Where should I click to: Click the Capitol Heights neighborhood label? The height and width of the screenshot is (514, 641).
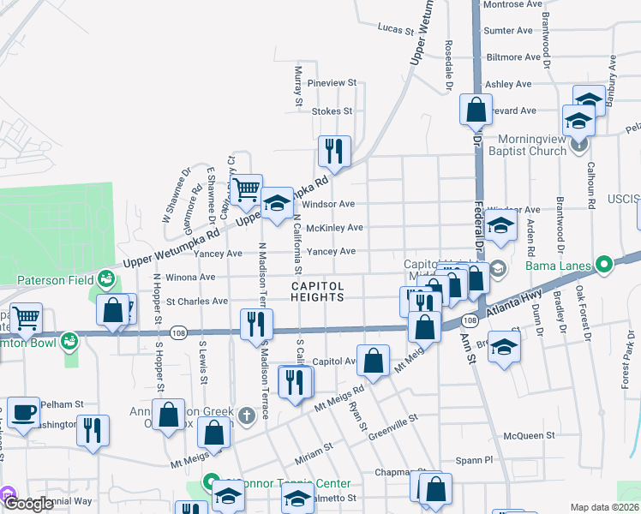tap(317, 291)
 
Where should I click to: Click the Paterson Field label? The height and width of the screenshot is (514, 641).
tap(57, 279)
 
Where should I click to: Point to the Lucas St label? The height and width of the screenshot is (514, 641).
tap(396, 27)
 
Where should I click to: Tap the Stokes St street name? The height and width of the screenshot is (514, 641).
tap(332, 111)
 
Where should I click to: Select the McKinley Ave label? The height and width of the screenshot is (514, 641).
tap(334, 228)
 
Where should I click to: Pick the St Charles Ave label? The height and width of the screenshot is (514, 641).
tap(197, 302)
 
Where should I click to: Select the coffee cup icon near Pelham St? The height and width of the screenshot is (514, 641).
tap(22, 411)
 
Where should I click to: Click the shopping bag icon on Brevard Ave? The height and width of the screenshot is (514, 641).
tap(476, 110)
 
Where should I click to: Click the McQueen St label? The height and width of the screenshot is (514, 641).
tap(530, 435)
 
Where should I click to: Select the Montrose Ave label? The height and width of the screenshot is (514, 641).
tap(512, 4)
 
